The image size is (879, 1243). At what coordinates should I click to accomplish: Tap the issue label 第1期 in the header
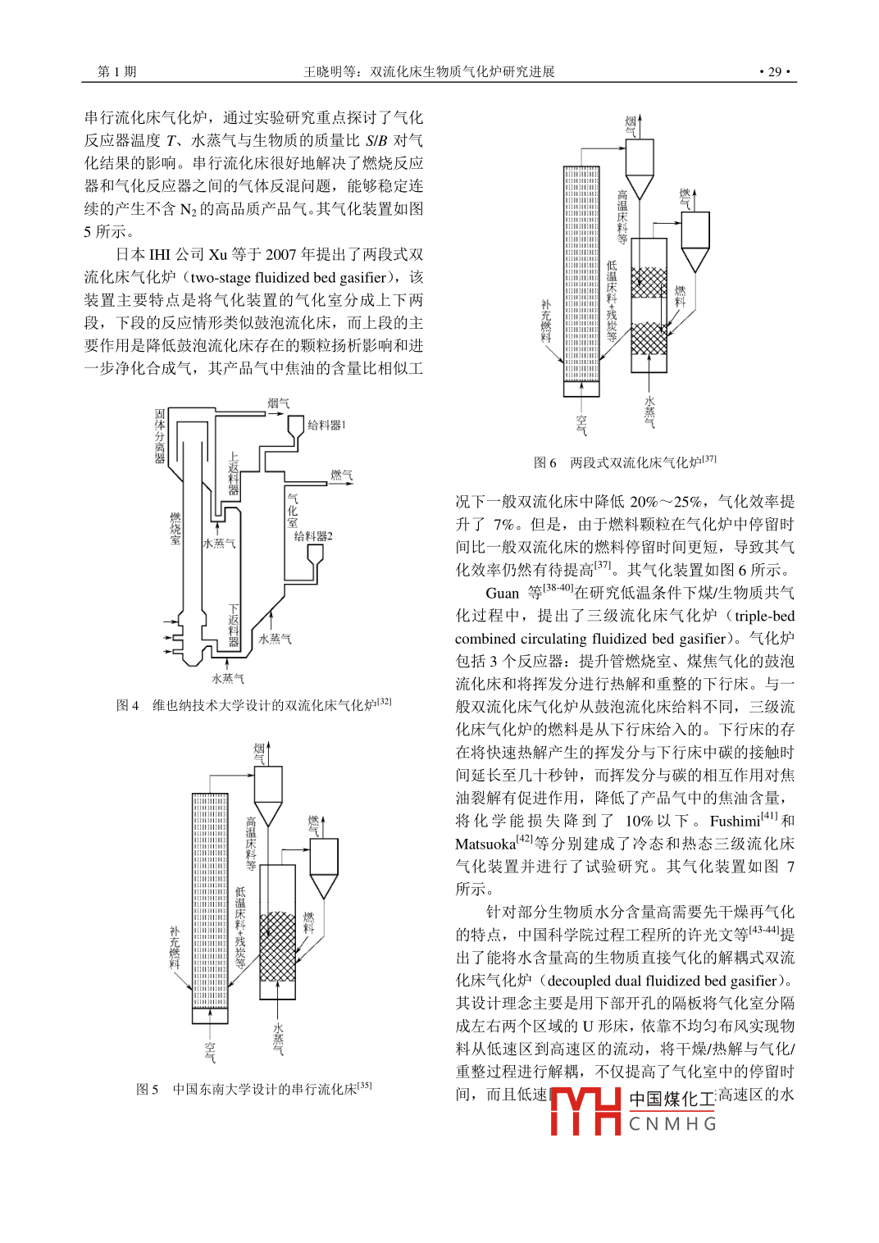click(x=117, y=72)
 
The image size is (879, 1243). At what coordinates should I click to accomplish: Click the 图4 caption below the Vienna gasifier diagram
click(x=253, y=705)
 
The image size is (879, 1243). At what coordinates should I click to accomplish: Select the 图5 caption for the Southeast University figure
click(x=253, y=1089)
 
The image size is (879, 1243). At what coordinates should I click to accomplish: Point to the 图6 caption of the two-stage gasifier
click(x=625, y=462)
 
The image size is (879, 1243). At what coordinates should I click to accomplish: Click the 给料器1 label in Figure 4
click(x=326, y=425)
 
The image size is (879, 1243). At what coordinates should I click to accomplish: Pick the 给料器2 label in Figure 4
click(x=313, y=536)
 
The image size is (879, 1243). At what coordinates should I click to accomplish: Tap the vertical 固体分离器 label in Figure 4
click(x=160, y=436)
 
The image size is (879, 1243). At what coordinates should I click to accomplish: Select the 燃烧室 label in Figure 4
click(x=175, y=528)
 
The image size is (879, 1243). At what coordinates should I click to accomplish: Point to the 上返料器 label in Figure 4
click(x=234, y=474)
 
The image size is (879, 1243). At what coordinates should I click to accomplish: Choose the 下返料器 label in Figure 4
click(x=234, y=626)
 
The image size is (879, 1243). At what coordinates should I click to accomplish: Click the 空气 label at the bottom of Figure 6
click(x=581, y=424)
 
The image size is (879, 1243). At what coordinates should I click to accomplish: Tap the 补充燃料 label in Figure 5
click(x=174, y=948)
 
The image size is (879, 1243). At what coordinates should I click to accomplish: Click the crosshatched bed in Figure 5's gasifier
click(x=277, y=946)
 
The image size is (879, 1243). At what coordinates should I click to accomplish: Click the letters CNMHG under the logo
click(x=672, y=1124)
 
